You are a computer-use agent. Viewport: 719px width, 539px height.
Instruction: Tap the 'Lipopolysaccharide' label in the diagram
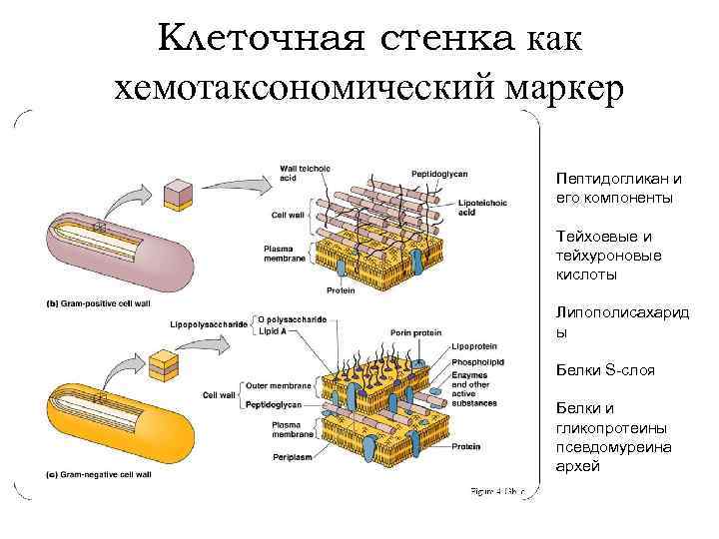pos(208,324)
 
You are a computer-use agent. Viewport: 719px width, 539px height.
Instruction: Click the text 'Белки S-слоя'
pos(605,370)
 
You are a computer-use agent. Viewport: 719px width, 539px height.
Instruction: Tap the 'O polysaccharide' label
pos(292,319)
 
